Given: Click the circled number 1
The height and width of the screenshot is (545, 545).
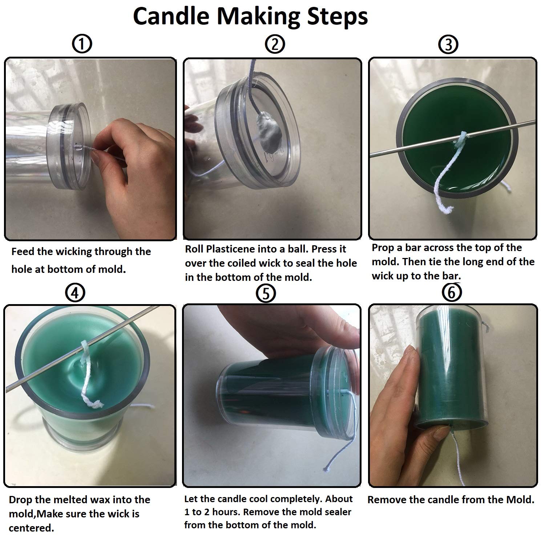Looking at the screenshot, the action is (x=82, y=44).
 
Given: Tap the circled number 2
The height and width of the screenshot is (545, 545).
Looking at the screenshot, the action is (x=275, y=44).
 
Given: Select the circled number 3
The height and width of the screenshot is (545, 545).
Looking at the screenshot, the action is (x=448, y=45).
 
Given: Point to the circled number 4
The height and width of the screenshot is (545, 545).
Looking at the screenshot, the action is (x=76, y=293).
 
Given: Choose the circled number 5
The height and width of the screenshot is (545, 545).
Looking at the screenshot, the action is (x=266, y=294).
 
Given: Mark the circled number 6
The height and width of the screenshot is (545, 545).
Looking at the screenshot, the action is (x=452, y=292).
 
